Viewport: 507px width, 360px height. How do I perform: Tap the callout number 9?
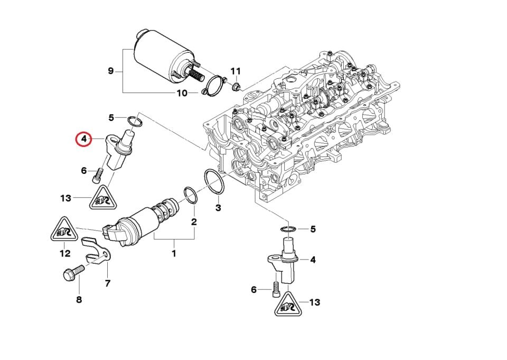point(110,70)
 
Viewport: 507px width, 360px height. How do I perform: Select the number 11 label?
point(235,71)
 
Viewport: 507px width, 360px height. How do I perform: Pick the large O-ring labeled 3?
point(214,182)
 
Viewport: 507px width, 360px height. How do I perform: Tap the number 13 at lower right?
point(314,302)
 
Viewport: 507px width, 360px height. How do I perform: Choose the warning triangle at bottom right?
point(287,305)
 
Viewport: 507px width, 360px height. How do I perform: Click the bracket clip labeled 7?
point(98,251)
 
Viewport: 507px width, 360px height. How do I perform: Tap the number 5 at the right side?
point(313,229)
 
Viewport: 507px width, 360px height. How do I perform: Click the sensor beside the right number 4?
point(287,261)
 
